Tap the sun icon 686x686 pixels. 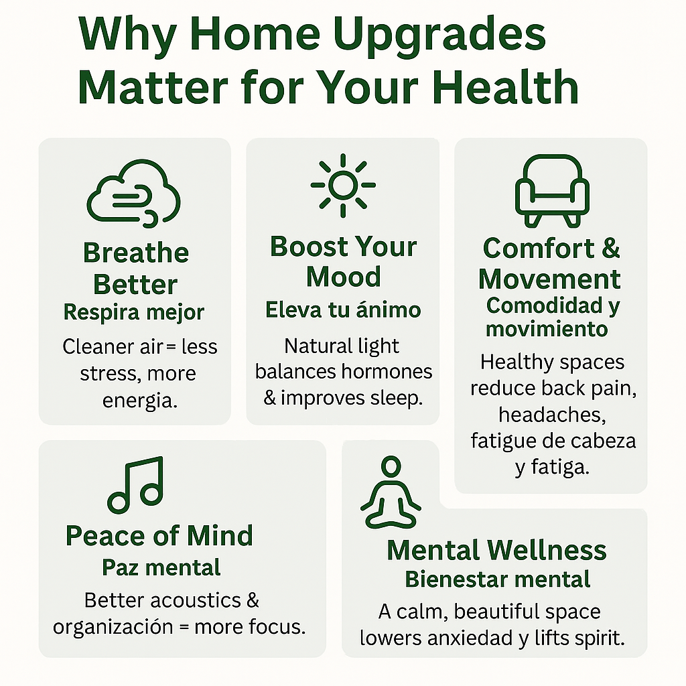click(x=343, y=185)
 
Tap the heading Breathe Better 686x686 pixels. click(x=135, y=268)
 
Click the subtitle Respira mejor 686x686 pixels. click(x=134, y=312)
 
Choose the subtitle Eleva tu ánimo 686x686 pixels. click(x=343, y=310)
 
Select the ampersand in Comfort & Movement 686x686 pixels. click(x=611, y=248)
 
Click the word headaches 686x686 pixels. click(x=552, y=415)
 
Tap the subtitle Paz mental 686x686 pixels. click(x=161, y=567)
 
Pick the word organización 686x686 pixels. click(x=113, y=627)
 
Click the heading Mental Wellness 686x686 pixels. click(x=496, y=550)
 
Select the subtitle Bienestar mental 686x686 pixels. click(x=498, y=579)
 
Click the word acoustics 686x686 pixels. click(x=196, y=600)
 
